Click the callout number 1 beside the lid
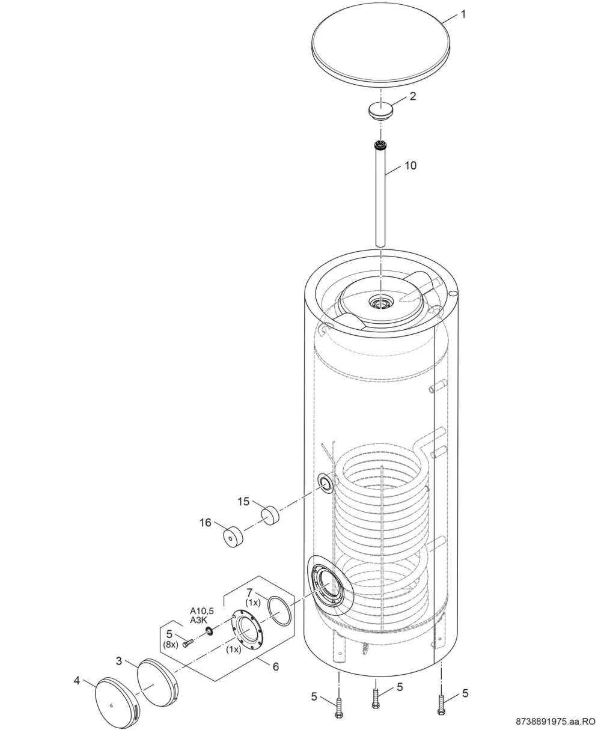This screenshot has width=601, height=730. click(x=463, y=14)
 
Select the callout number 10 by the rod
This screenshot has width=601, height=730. click(x=410, y=166)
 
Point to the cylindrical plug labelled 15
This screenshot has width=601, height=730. click(x=270, y=516)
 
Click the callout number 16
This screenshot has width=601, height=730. click(x=206, y=522)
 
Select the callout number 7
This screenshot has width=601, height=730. click(x=249, y=592)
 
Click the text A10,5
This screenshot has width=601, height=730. click(x=202, y=610)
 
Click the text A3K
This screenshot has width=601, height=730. click(x=198, y=620)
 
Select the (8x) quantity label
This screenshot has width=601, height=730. click(x=170, y=645)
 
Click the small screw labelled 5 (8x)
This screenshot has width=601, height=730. click(x=188, y=643)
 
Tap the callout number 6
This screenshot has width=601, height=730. click(x=276, y=667)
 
